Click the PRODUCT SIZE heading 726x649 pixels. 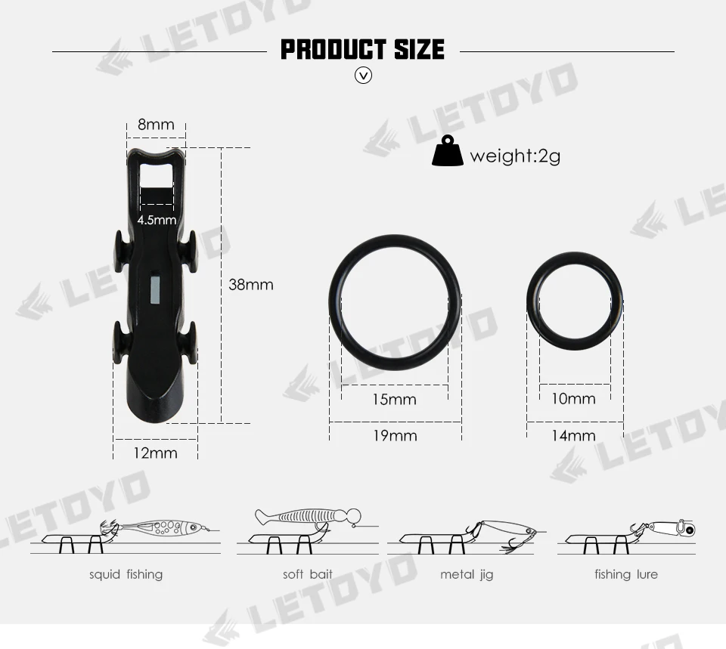(362, 50)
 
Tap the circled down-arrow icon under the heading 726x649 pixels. (363, 75)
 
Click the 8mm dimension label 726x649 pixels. (156, 125)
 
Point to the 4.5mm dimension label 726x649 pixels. (157, 220)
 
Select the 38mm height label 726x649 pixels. (251, 285)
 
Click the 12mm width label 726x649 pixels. (156, 453)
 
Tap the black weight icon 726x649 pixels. (447, 150)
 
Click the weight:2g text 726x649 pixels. (515, 156)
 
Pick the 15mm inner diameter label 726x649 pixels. (395, 399)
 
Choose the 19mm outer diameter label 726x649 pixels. (396, 436)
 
